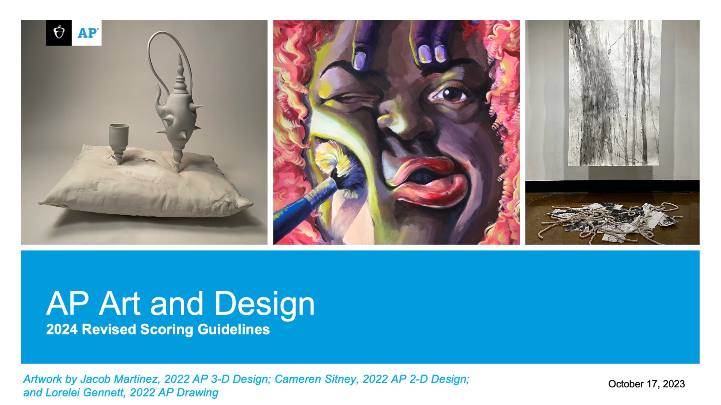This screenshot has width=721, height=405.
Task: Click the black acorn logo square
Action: (59, 33)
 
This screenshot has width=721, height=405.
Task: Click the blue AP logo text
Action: (87, 33)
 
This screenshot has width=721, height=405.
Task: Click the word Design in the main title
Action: (264, 304)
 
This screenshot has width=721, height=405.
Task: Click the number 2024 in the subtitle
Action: (62, 329)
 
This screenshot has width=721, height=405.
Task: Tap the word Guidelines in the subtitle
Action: (234, 329)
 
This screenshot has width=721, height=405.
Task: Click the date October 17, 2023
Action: (646, 384)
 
